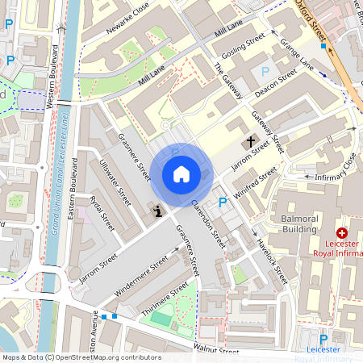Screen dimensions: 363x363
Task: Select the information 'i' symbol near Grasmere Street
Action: pyautogui.click(x=157, y=211)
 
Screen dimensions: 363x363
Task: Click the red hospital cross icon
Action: pyautogui.click(x=341, y=232)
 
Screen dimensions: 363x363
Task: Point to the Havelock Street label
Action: pyautogui.click(x=271, y=257)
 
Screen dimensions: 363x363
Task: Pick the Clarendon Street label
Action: pyautogui.click(x=208, y=223)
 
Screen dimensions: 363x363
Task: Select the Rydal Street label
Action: pyautogui.click(x=99, y=214)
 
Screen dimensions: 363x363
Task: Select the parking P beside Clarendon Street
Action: pyautogui.click(x=223, y=202)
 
